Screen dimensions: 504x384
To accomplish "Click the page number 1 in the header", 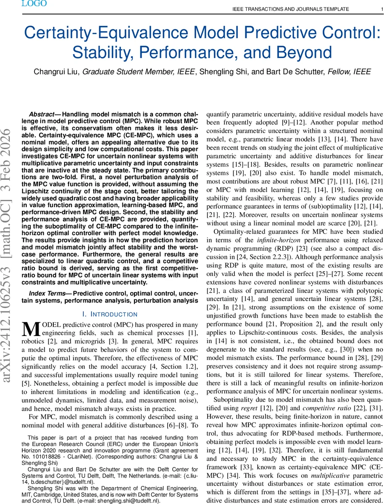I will (x=375, y=9).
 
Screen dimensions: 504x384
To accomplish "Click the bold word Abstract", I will (x=42, y=115).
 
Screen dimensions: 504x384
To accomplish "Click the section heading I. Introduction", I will (x=110, y=314).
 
